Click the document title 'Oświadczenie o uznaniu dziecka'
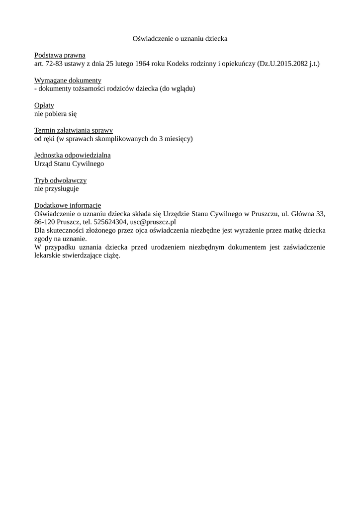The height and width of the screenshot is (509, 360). coord(180,38)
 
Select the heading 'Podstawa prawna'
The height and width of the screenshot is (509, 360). coord(60,55)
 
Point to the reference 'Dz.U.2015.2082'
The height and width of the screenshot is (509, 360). coord(281,64)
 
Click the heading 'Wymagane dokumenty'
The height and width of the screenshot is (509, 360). coord(68,81)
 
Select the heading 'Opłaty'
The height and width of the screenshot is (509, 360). coord(44,105)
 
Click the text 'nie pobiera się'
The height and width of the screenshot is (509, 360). coord(55,114)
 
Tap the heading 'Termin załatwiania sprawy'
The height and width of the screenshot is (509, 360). coord(74,130)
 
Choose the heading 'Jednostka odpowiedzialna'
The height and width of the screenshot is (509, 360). coord(73,155)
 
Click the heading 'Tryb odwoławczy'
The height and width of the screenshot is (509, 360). coord(61,180)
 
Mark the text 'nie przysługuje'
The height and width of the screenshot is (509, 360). coord(57,189)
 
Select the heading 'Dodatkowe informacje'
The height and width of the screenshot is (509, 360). coord(68,205)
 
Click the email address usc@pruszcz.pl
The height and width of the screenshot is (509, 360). coord(153,222)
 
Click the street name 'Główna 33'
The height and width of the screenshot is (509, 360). coord(308,214)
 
